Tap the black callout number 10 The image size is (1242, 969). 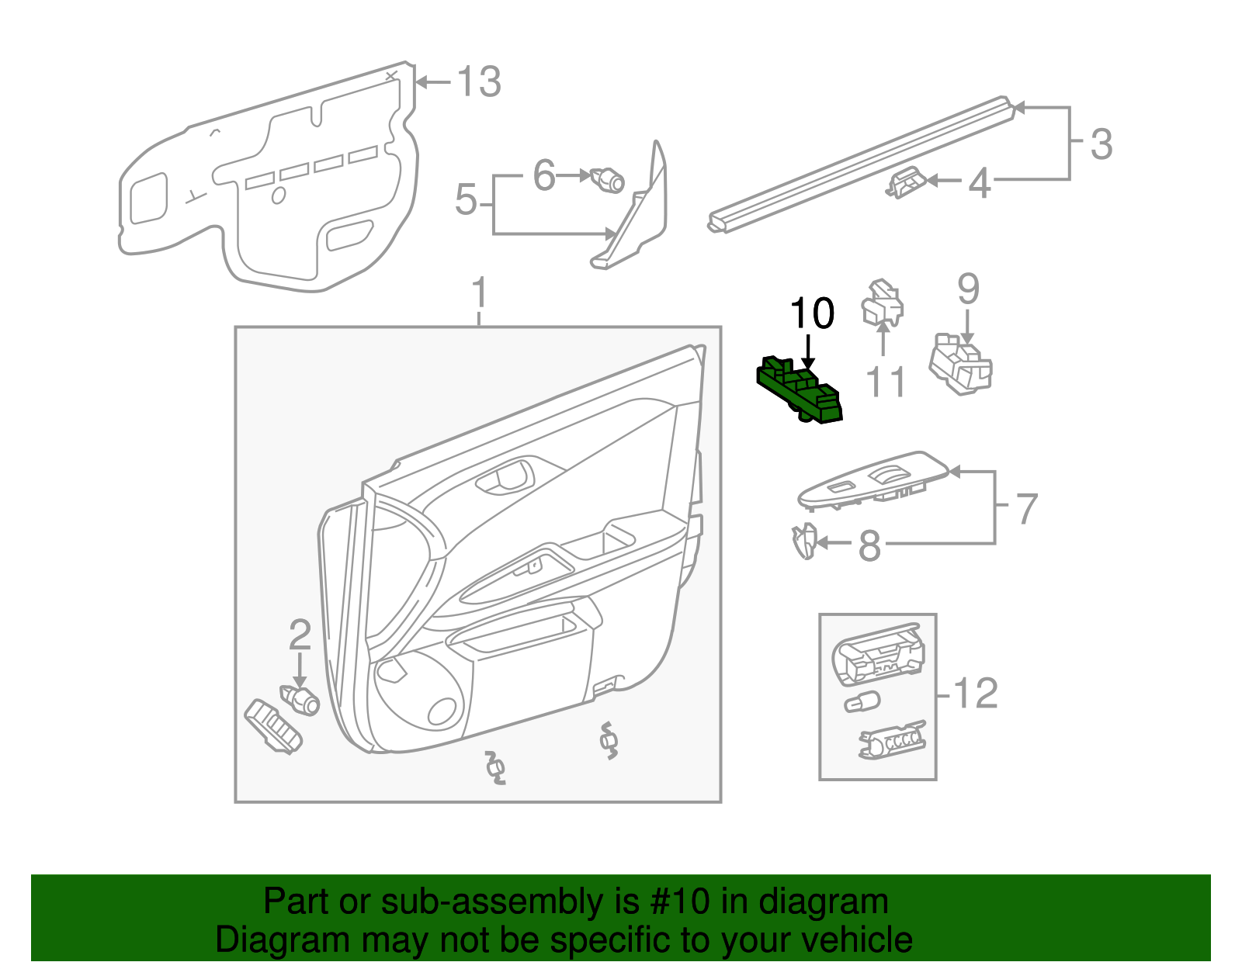pos(812,313)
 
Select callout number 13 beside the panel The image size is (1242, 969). pos(479,81)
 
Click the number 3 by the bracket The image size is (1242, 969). pos(1101,144)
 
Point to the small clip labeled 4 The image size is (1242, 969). pos(904,184)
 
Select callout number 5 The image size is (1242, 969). pos(466,200)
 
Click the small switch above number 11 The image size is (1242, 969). pos(883,304)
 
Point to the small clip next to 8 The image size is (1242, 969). pos(804,541)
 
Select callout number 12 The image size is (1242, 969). pos(976,693)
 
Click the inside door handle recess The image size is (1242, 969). pos(505,476)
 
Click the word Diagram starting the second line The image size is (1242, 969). pos(260,940)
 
